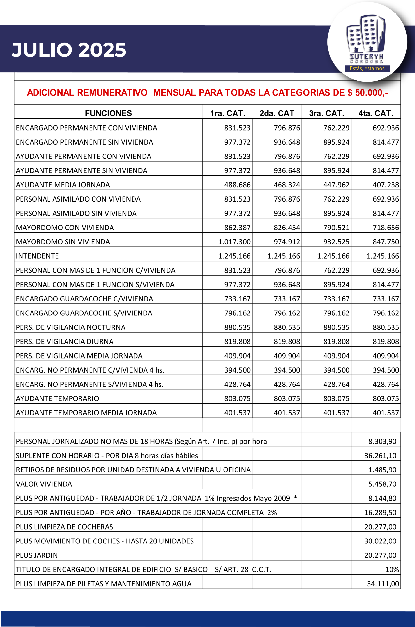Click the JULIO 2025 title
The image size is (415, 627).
pos(69,50)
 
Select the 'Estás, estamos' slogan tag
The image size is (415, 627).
pos(367,68)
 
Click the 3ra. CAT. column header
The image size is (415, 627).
pos(326,113)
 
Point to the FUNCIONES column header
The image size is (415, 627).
pos(108,113)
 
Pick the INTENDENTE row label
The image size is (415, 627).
pos(37,256)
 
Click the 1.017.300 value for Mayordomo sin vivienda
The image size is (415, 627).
pos(234,242)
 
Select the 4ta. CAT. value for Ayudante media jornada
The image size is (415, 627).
pos(386,185)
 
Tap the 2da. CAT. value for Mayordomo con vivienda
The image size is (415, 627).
pos(287,227)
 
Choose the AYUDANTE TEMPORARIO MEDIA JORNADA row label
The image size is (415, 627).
pos(86,413)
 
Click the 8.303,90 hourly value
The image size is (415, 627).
pos(382,441)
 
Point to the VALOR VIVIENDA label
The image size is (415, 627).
pos(44,484)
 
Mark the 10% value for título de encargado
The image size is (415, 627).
pos(392,569)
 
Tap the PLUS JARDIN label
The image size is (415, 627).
pos(37,555)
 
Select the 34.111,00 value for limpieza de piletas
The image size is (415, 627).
pos(383,584)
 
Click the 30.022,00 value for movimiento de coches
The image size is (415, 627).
pos(380,541)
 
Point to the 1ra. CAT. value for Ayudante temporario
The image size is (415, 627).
pos(237,398)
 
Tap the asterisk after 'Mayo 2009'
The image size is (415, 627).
pos(295,497)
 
